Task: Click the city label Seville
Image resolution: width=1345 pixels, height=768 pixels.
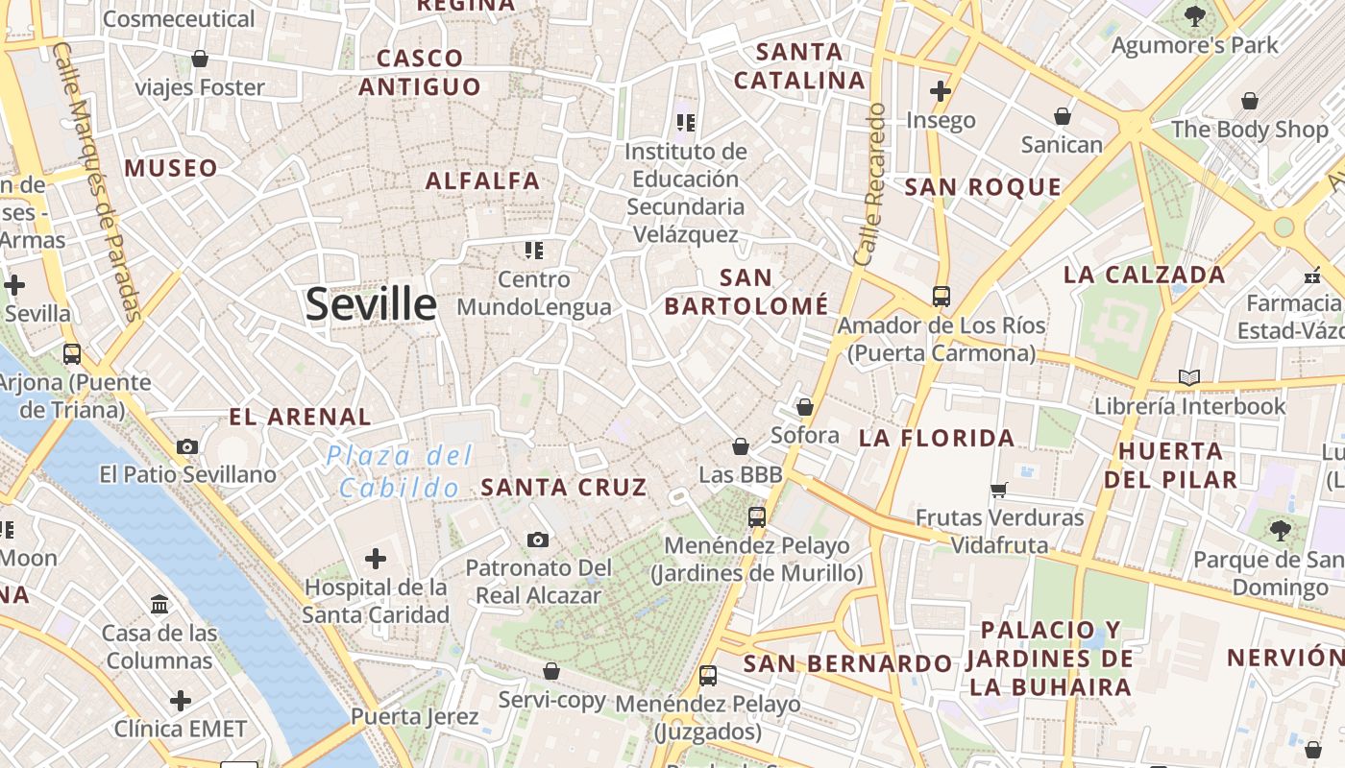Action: click(x=371, y=304)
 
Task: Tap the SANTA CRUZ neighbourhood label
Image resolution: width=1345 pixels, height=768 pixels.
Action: click(x=564, y=488)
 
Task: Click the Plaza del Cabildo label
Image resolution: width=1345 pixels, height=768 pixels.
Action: click(x=400, y=470)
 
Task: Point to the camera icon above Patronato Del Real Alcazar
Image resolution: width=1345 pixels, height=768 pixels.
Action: click(x=538, y=540)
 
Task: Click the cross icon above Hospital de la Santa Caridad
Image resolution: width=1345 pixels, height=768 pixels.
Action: click(x=376, y=558)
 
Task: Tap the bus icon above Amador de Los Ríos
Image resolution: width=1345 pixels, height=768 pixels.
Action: click(x=941, y=297)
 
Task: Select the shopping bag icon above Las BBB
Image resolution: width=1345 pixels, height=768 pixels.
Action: click(x=741, y=446)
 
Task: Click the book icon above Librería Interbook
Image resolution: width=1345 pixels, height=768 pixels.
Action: click(x=1189, y=377)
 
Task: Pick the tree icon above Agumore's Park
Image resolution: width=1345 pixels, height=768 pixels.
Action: click(x=1195, y=15)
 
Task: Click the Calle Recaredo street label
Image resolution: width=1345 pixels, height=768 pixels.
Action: click(x=869, y=184)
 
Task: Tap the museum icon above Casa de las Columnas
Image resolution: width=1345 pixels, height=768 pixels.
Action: click(x=159, y=605)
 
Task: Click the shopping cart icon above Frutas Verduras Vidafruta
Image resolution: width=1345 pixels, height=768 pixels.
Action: click(x=999, y=490)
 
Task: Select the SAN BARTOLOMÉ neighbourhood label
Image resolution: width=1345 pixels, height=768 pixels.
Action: click(x=746, y=292)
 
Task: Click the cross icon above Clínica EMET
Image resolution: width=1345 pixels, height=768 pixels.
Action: click(x=180, y=701)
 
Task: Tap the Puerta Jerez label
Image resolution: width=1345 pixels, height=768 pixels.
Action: click(x=414, y=717)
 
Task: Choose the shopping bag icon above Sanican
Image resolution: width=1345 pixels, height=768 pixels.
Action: click(x=1063, y=116)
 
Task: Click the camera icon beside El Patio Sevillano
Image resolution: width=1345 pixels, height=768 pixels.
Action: click(x=187, y=446)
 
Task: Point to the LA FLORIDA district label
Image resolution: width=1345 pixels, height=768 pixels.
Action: click(x=937, y=439)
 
